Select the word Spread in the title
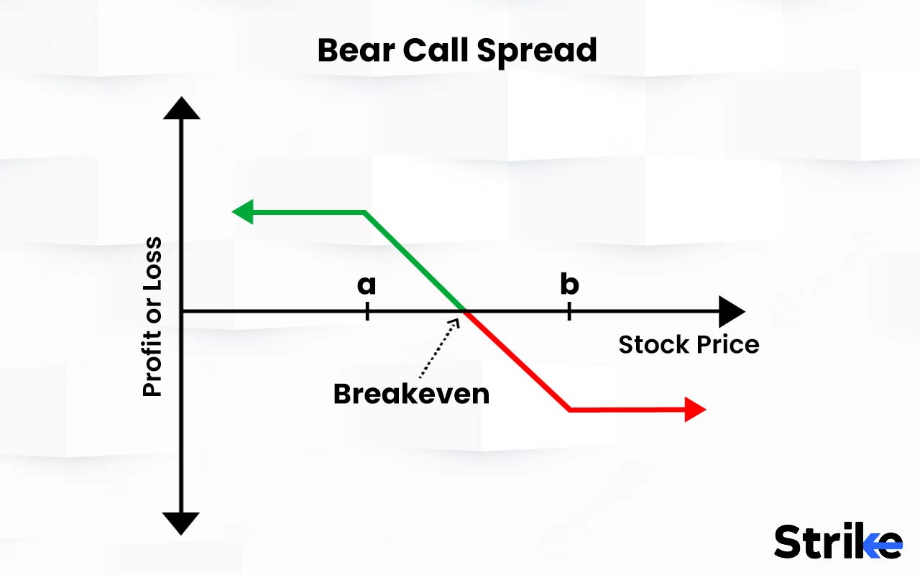[536, 51]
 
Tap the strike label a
[367, 285]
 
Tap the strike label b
[569, 285]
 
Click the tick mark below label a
[367, 311]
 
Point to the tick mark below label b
[569, 311]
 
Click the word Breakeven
[411, 394]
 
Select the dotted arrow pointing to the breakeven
[438, 349]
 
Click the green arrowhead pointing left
[243, 212]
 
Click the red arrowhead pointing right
[695, 410]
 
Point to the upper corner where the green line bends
[365, 212]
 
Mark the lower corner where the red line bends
[570, 410]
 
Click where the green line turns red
[465, 311]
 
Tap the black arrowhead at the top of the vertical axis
[181, 108]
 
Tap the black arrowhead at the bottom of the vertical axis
[181, 523]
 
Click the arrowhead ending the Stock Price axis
[731, 311]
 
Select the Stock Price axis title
[689, 345]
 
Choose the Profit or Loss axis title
[152, 316]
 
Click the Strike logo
[838, 541]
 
